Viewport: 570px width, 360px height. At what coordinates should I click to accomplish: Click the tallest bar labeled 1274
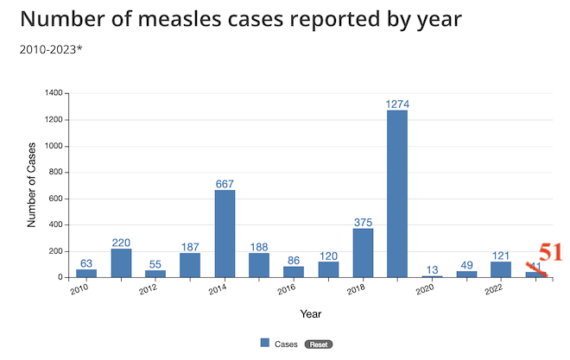[x=397, y=193]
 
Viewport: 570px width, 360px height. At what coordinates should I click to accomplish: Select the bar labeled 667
[x=225, y=233]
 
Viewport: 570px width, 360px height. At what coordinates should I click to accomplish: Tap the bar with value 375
[x=363, y=252]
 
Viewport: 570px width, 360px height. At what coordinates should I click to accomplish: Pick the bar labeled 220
[x=121, y=262]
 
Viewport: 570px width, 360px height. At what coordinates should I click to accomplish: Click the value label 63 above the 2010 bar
[x=86, y=263]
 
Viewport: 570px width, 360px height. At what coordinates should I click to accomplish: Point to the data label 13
[x=432, y=269]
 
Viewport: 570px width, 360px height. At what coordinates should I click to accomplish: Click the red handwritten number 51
[x=550, y=253]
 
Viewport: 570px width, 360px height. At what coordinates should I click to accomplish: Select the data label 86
[x=294, y=260]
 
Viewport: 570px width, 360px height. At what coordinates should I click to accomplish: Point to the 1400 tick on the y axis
[x=53, y=93]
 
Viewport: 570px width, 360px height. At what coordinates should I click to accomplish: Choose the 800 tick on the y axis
[x=55, y=173]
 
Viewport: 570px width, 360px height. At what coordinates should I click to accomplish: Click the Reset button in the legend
[x=320, y=344]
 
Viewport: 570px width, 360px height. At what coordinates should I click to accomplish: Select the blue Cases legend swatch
[x=265, y=344]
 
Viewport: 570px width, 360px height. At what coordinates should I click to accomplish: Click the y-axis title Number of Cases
[x=32, y=185]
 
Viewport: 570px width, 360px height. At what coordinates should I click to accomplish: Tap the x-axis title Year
[x=311, y=313]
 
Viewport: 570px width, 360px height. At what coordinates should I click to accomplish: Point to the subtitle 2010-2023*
[x=50, y=48]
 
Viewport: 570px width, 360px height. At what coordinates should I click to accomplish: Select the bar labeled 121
[x=501, y=268]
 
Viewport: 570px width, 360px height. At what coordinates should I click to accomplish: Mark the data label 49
[x=466, y=265]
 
